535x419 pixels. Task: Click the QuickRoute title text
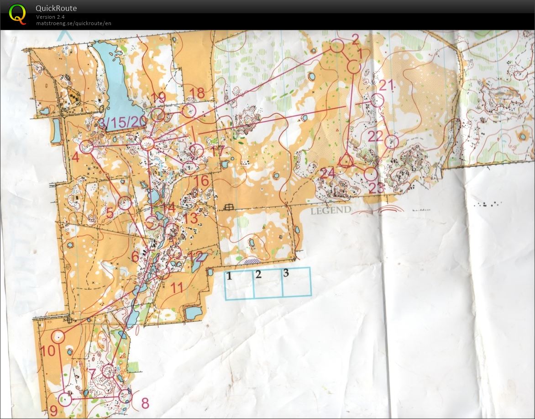[56, 8]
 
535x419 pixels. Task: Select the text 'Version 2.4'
[50, 17]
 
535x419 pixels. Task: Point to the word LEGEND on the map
[331, 210]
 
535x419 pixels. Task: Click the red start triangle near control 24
[346, 161]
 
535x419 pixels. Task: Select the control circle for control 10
[58, 337]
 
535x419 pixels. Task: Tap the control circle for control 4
[86, 147]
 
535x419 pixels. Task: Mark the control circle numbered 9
[66, 399]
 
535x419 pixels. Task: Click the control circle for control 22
[392, 142]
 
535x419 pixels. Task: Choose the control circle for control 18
[189, 110]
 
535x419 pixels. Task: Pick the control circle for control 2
[337, 46]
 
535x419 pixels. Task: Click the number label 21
[386, 85]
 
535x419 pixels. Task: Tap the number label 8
[145, 403]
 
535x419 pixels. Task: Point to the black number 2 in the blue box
[258, 275]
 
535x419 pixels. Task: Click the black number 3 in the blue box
[286, 274]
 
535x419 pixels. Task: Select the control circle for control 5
[125, 203]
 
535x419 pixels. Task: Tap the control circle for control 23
[371, 174]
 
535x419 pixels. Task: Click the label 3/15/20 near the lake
[123, 122]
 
